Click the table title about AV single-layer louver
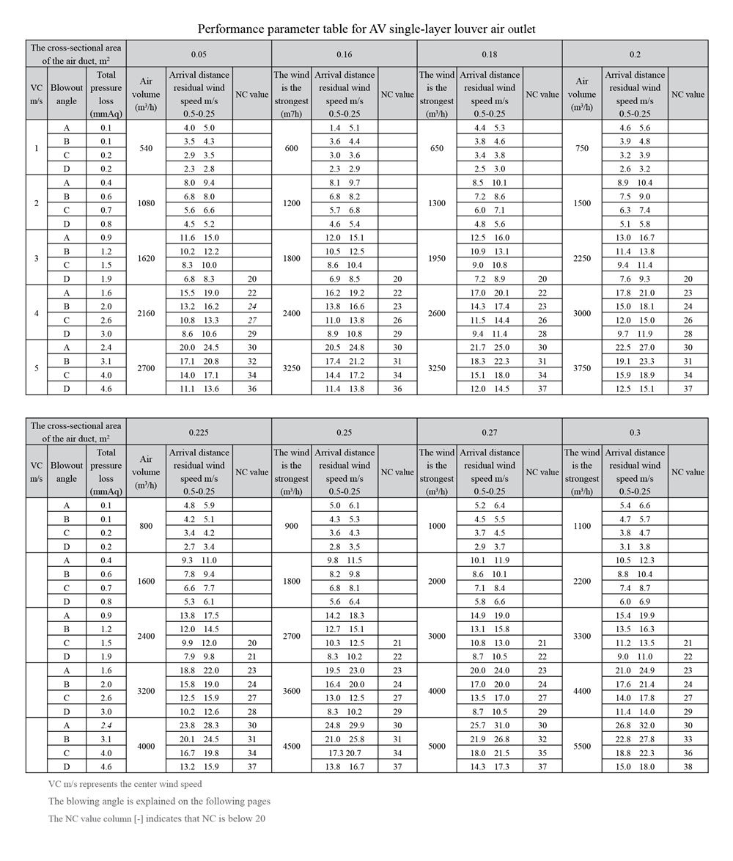(x=366, y=29)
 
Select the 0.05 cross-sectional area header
(x=199, y=54)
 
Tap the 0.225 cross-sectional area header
(x=199, y=432)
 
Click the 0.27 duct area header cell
(x=490, y=432)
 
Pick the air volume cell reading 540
(x=146, y=148)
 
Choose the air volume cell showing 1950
(x=437, y=258)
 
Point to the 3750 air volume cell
(x=582, y=368)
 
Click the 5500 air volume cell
(x=582, y=746)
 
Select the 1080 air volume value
(x=146, y=203)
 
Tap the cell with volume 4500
(x=292, y=746)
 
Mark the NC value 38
(x=688, y=767)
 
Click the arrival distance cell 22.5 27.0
(x=635, y=348)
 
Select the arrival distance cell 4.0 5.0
(x=199, y=128)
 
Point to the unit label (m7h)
(x=292, y=114)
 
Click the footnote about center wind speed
(x=125, y=784)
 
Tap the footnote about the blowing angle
(x=159, y=801)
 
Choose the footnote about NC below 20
(x=157, y=818)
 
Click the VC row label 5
(x=37, y=368)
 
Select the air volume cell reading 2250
(x=582, y=258)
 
